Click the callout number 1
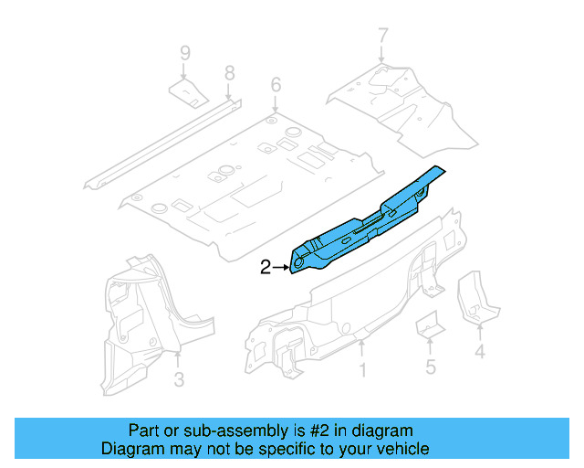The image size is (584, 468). (x=362, y=370)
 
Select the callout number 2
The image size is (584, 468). (x=266, y=268)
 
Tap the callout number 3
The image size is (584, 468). (x=179, y=378)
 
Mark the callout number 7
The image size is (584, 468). (x=382, y=37)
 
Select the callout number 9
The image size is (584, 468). (x=185, y=53)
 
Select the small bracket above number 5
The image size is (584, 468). (x=429, y=325)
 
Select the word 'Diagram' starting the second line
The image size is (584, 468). (x=129, y=449)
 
